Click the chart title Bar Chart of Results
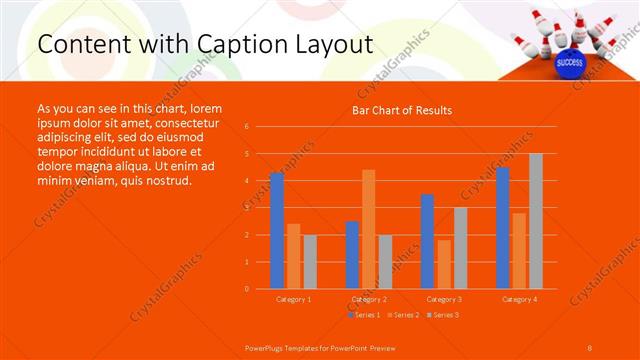402,110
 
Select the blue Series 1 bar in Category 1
277,231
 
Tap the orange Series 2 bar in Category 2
368,229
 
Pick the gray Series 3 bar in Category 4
536,221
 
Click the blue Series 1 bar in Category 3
427,241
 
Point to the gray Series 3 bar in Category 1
310,262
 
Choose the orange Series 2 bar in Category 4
519,251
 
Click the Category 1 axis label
293,299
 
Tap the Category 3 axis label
443,299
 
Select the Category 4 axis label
518,299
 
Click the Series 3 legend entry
442,314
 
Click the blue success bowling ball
569,62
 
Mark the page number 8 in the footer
590,346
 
